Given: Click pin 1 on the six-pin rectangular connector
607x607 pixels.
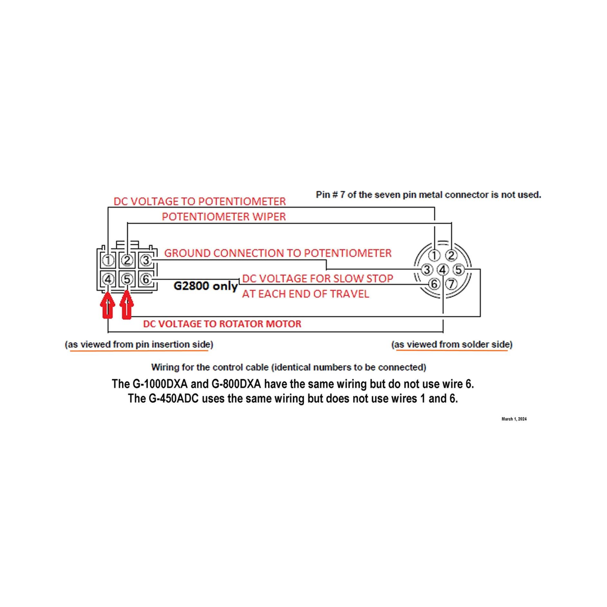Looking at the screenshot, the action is pos(108,260).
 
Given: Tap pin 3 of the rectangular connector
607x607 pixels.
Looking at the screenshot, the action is pos(146,260).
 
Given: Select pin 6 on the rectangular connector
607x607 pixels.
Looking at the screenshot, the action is pos(146,279).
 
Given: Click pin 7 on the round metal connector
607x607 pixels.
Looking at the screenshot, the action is pos(451,284).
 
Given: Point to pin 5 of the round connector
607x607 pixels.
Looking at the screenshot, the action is pos(459,269).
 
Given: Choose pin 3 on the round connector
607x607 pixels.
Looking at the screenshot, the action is pos(427,269).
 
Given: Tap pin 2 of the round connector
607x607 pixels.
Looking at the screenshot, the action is pos(451,255).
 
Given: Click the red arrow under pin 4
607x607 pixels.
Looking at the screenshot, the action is pos(108,305).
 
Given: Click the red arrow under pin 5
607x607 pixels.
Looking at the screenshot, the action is pos(126,305).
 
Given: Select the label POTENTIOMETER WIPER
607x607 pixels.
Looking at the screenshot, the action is pos(223,216).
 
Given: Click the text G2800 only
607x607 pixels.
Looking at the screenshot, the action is pos(206,286).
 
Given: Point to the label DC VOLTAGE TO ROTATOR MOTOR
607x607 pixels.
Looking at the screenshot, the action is pos(222,323).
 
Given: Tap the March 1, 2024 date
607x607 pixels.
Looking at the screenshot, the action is pos(514,419).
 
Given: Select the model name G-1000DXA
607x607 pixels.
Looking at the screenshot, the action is pos(160,384).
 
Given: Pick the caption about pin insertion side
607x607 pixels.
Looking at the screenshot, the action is pos(139,344).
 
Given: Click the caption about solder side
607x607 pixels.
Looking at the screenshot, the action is pos(452,344).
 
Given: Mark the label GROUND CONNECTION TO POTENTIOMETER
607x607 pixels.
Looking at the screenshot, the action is pos(278,253).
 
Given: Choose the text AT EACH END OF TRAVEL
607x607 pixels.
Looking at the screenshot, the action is pos(306,294).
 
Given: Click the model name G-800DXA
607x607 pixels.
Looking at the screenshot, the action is pos(236,384).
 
